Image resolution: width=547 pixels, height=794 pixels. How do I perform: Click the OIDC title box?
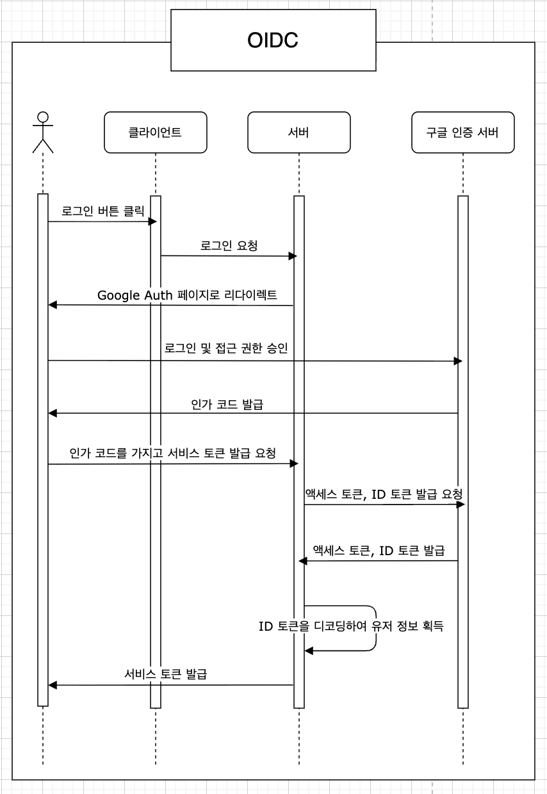(x=273, y=41)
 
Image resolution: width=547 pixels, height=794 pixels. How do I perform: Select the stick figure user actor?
(x=43, y=133)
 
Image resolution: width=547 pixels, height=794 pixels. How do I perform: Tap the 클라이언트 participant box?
(x=155, y=133)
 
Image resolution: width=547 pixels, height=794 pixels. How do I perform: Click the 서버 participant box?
(x=298, y=133)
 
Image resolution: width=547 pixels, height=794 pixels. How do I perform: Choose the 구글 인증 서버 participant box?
(x=462, y=133)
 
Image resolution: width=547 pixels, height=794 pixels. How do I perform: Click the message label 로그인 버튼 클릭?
(x=103, y=210)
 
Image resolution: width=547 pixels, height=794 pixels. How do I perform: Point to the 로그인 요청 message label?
(x=229, y=245)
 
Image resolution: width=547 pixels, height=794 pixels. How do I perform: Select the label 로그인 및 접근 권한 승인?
(x=226, y=348)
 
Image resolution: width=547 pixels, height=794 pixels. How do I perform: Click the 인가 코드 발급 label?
(x=227, y=404)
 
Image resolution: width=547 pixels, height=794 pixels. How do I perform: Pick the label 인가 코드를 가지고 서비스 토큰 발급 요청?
(x=173, y=453)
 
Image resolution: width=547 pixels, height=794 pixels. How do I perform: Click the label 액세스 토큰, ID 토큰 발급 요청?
(x=384, y=494)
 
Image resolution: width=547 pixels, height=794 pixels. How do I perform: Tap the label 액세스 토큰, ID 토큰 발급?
(x=379, y=550)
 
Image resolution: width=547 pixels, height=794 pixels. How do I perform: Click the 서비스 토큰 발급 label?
(x=165, y=674)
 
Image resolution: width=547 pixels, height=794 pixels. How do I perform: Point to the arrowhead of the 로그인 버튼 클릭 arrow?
(x=153, y=222)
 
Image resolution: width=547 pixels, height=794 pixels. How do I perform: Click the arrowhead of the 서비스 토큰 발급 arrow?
(x=53, y=685)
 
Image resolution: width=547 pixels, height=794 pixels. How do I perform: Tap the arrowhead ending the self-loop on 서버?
(x=309, y=651)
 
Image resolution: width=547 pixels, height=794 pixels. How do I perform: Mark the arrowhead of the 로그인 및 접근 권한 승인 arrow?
(x=458, y=361)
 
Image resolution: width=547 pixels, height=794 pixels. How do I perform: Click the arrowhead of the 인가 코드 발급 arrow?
(x=53, y=414)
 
